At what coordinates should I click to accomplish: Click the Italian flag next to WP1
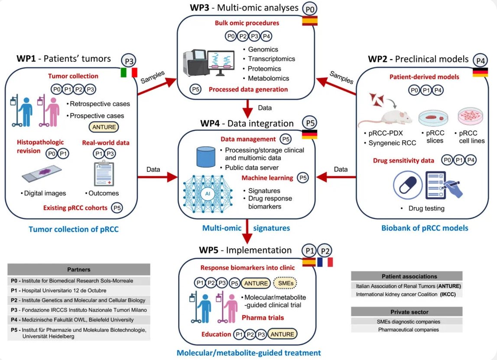tap(128, 73)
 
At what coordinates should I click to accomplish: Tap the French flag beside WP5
tap(325, 262)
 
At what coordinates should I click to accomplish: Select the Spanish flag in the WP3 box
tap(309, 21)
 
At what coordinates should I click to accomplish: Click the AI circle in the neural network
tap(208, 193)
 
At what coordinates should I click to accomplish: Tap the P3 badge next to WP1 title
tap(129, 60)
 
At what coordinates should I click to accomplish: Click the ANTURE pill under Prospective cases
tap(104, 127)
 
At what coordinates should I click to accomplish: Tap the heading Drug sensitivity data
tap(403, 161)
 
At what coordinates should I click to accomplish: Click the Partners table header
tap(79, 269)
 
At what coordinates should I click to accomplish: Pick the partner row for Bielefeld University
tap(79, 320)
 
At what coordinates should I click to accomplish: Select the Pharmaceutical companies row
tap(406, 330)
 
